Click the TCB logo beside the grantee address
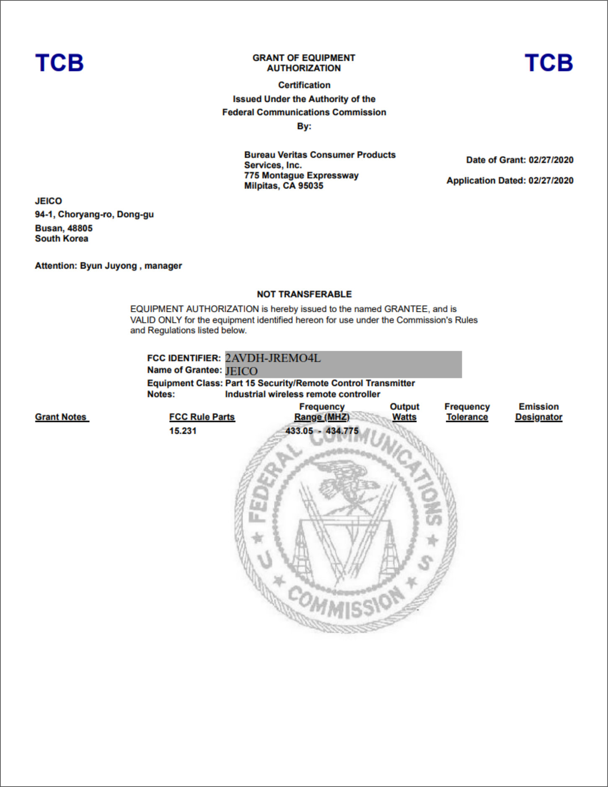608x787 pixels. click(60, 63)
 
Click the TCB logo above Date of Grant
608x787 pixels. click(548, 63)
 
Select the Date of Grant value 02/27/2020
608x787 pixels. click(551, 160)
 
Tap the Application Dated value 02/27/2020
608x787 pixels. click(551, 181)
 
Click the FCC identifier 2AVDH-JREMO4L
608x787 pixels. click(273, 358)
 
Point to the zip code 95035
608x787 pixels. click(310, 186)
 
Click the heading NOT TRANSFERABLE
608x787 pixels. click(304, 294)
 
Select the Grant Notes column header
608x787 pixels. click(61, 417)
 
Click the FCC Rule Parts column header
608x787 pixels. click(202, 417)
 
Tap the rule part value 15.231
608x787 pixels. click(183, 431)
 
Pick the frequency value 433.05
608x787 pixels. click(299, 431)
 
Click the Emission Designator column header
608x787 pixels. click(538, 412)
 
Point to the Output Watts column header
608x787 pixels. click(404, 412)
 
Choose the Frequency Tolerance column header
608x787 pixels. click(467, 412)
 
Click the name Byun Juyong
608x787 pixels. click(108, 266)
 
